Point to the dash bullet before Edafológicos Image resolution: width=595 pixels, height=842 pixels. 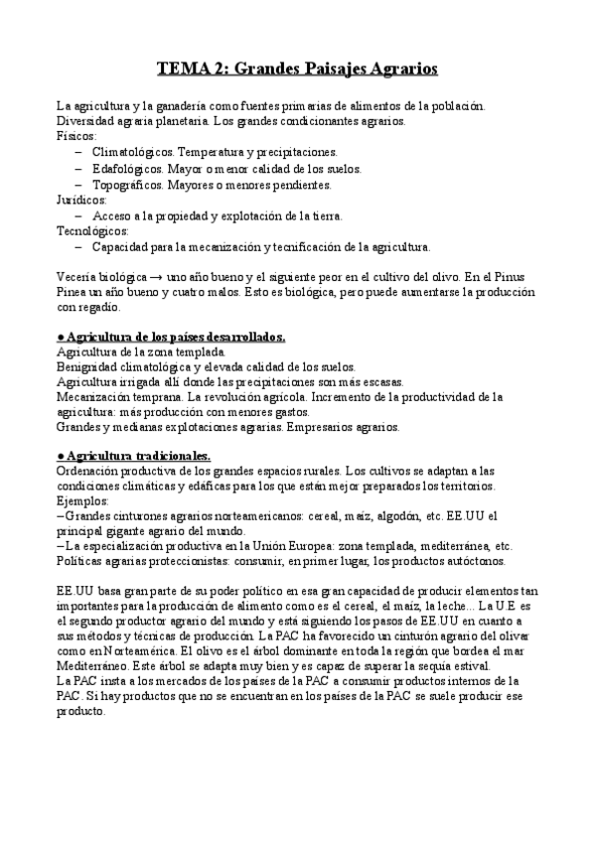pos(78,169)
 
